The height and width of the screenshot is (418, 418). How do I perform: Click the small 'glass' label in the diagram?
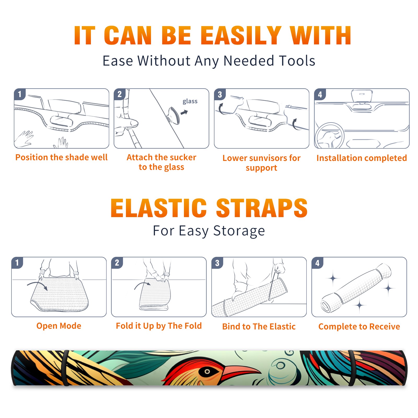coord(190,101)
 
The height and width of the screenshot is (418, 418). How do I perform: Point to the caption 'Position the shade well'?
coord(61,157)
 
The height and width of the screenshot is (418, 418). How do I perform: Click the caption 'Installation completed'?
coord(362,158)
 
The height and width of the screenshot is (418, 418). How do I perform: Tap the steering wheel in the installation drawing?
coord(329,136)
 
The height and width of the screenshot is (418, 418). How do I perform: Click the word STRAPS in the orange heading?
coord(262,208)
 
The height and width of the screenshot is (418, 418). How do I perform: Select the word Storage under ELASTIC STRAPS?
coord(239,231)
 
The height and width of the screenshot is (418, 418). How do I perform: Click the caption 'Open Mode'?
coord(59,326)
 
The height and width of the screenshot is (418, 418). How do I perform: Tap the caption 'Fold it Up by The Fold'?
coord(159,326)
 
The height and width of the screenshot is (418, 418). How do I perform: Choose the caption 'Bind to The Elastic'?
coord(259,327)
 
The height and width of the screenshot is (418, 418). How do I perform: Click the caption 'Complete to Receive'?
coord(359,327)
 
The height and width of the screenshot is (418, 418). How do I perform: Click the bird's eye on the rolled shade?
coord(207,371)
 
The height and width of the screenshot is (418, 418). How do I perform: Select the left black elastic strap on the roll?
coord(66,368)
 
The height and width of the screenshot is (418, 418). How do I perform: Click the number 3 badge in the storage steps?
coord(217,263)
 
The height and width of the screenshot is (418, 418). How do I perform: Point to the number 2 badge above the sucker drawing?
coord(120,94)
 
